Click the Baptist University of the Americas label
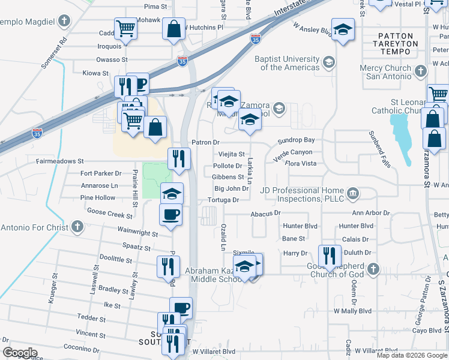point(287,63)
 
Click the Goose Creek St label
point(110,214)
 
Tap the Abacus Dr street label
point(265,212)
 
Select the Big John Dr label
point(227,188)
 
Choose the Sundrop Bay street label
point(296,140)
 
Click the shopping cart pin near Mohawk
point(126,29)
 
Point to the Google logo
point(19,353)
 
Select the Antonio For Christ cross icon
point(76,227)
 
